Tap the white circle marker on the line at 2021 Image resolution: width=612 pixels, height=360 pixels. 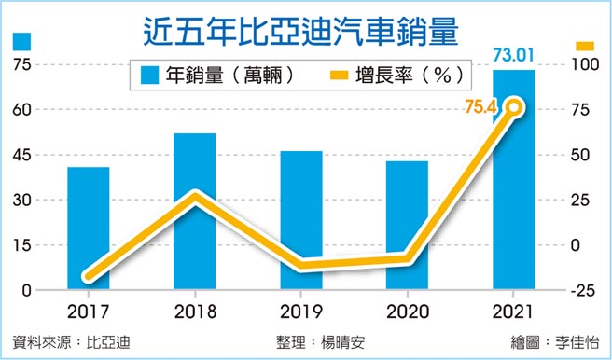[x=514, y=109]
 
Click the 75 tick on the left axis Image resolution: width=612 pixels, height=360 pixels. [x=21, y=64]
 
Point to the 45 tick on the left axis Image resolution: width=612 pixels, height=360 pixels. [x=21, y=155]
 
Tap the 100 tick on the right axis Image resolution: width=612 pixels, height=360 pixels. [x=578, y=64]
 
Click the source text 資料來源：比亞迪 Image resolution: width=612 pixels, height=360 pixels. [x=71, y=341]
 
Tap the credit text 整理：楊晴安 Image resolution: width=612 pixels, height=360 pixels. [x=319, y=341]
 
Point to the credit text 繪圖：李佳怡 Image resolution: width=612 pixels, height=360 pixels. [x=552, y=341]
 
